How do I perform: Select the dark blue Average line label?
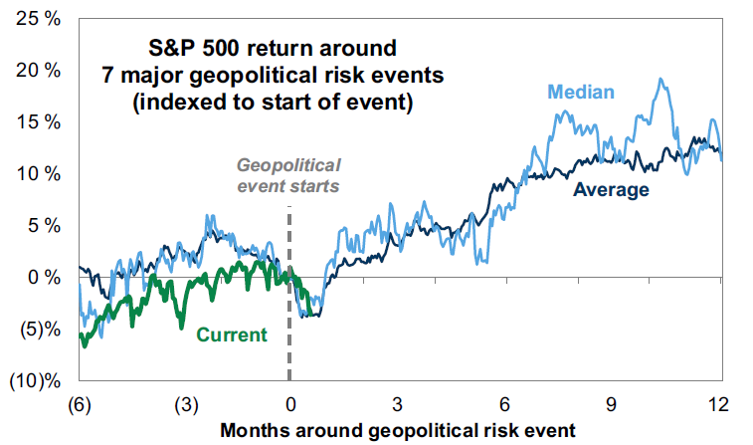coord(611,189)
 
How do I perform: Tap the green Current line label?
coord(232,334)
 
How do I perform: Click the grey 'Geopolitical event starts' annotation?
coord(288,175)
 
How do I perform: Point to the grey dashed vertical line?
coord(289,299)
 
